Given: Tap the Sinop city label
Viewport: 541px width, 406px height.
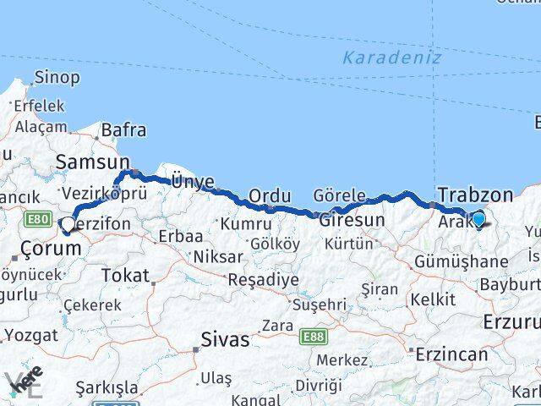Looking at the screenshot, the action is point(57,78).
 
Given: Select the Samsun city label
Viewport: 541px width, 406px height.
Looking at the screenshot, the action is point(92,161).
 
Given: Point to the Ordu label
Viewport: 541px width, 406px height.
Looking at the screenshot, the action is point(270,196).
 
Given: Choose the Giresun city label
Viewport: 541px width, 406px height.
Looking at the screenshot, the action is point(351,220).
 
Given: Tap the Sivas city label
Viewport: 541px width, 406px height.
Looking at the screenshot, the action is point(225,340).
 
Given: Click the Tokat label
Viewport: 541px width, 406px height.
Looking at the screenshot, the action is point(125,275).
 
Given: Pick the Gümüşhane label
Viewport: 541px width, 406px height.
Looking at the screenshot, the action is point(461,261).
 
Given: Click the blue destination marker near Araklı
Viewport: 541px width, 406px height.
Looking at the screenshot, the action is point(478,220).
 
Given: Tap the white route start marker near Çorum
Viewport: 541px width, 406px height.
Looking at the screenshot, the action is point(67,226).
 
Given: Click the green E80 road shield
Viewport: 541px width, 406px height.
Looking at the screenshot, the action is point(37,219).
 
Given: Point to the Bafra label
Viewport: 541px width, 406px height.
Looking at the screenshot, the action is point(123,130).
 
